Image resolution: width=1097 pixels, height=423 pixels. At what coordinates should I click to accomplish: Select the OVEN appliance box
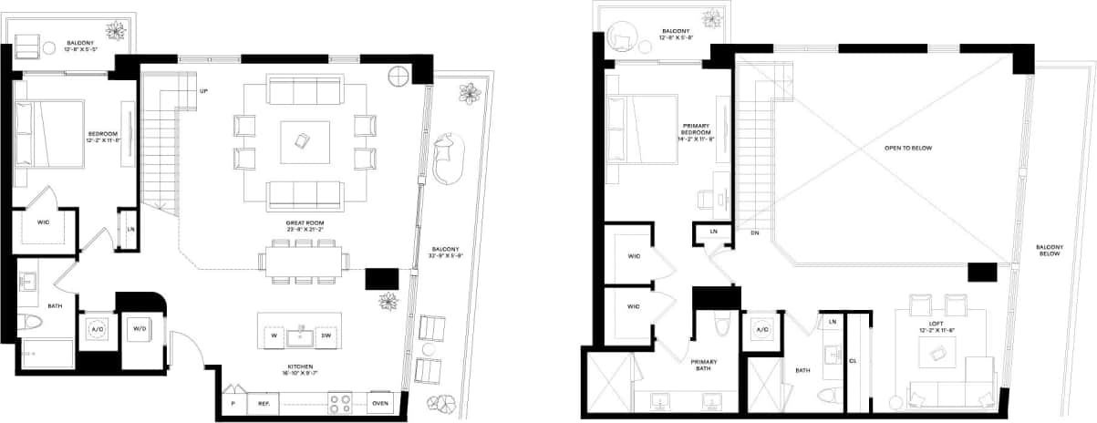pyautogui.click(x=381, y=403)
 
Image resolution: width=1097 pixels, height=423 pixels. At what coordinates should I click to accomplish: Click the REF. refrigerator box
pyautogui.click(x=264, y=403)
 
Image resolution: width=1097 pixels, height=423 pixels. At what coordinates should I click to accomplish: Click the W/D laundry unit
pyautogui.click(x=140, y=329)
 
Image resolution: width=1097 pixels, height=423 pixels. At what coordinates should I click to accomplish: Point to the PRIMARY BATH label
pyautogui.click(x=703, y=366)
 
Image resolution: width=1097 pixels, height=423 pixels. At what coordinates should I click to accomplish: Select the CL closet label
pyautogui.click(x=854, y=360)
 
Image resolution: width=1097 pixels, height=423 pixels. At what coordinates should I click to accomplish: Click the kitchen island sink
pyautogui.click(x=300, y=336)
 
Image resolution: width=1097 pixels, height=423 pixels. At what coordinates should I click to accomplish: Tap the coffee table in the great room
pyautogui.click(x=304, y=141)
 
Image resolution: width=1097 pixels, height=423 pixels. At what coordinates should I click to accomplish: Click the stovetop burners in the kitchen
pyautogui.click(x=340, y=402)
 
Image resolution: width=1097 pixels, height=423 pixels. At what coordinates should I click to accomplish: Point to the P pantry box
pyautogui.click(x=233, y=403)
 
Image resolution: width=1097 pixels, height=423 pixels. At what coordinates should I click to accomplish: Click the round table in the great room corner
pyautogui.click(x=398, y=77)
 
